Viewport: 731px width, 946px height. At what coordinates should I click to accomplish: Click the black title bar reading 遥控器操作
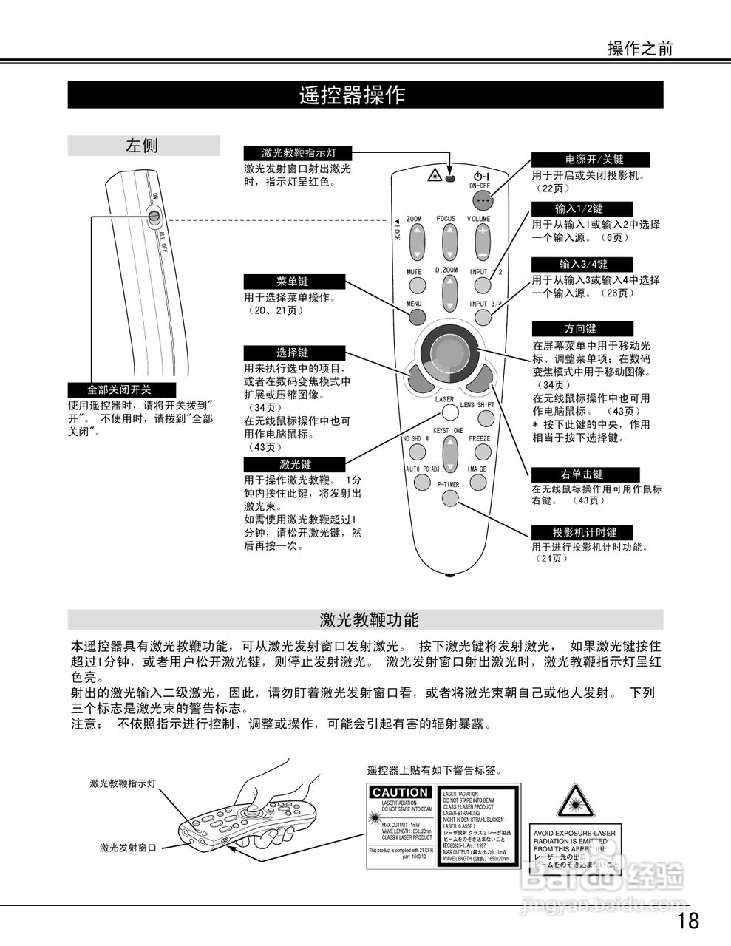point(365,95)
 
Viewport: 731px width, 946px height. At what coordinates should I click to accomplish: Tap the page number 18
point(687,920)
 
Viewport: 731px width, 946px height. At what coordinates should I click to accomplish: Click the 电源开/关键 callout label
point(591,160)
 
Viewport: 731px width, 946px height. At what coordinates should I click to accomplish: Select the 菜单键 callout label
point(293,282)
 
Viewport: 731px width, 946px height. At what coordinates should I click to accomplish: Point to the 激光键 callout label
point(293,464)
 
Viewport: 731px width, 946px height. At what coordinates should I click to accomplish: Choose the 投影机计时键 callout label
point(584,532)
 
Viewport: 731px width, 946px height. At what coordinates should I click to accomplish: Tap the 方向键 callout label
point(582,328)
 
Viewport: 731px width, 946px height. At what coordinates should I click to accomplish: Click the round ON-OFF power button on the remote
point(483,201)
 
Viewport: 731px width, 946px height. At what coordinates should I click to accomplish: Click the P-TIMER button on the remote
point(450,497)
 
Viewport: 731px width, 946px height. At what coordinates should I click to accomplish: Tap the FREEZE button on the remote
point(480,452)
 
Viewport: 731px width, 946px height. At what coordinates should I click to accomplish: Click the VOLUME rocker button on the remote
point(482,240)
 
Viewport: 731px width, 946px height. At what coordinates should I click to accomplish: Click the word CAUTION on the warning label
point(400,793)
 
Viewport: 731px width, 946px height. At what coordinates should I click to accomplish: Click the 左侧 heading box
point(143,146)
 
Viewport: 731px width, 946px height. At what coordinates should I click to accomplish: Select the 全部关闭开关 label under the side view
point(120,389)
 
